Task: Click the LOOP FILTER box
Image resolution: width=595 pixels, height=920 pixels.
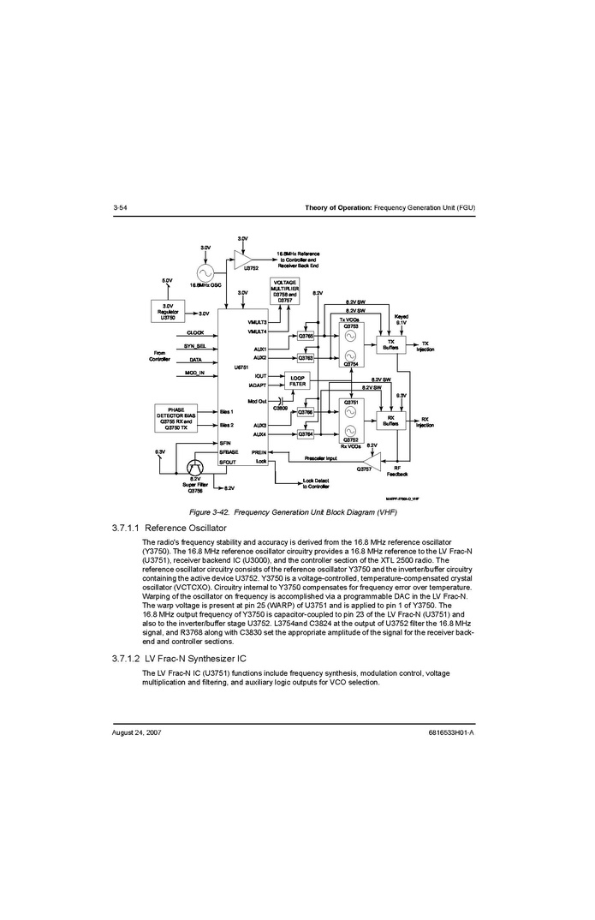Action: pos(297,381)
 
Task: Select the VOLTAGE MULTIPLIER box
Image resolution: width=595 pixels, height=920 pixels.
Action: pos(285,291)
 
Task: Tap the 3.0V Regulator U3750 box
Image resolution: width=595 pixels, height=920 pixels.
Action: pos(168,312)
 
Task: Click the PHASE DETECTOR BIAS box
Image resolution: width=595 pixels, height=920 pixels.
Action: pos(181,417)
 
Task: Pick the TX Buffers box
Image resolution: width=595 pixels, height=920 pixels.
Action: pos(390,345)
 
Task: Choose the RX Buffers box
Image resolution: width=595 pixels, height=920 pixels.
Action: pos(390,421)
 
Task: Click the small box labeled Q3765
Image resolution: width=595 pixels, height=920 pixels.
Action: pos(306,337)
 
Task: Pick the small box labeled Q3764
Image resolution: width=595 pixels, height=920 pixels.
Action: pos(306,434)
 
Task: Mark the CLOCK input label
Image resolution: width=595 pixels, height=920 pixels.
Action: pos(195,332)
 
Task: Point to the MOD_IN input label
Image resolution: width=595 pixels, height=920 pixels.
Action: pos(194,373)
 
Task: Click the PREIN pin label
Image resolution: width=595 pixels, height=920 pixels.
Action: pos(259,451)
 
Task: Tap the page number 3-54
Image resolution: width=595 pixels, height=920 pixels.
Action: pos(120,208)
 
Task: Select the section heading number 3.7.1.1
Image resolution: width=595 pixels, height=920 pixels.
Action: pos(127,528)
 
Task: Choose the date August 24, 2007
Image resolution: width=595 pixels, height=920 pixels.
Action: pos(136,733)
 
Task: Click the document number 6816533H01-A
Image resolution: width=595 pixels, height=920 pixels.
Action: pos(450,733)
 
